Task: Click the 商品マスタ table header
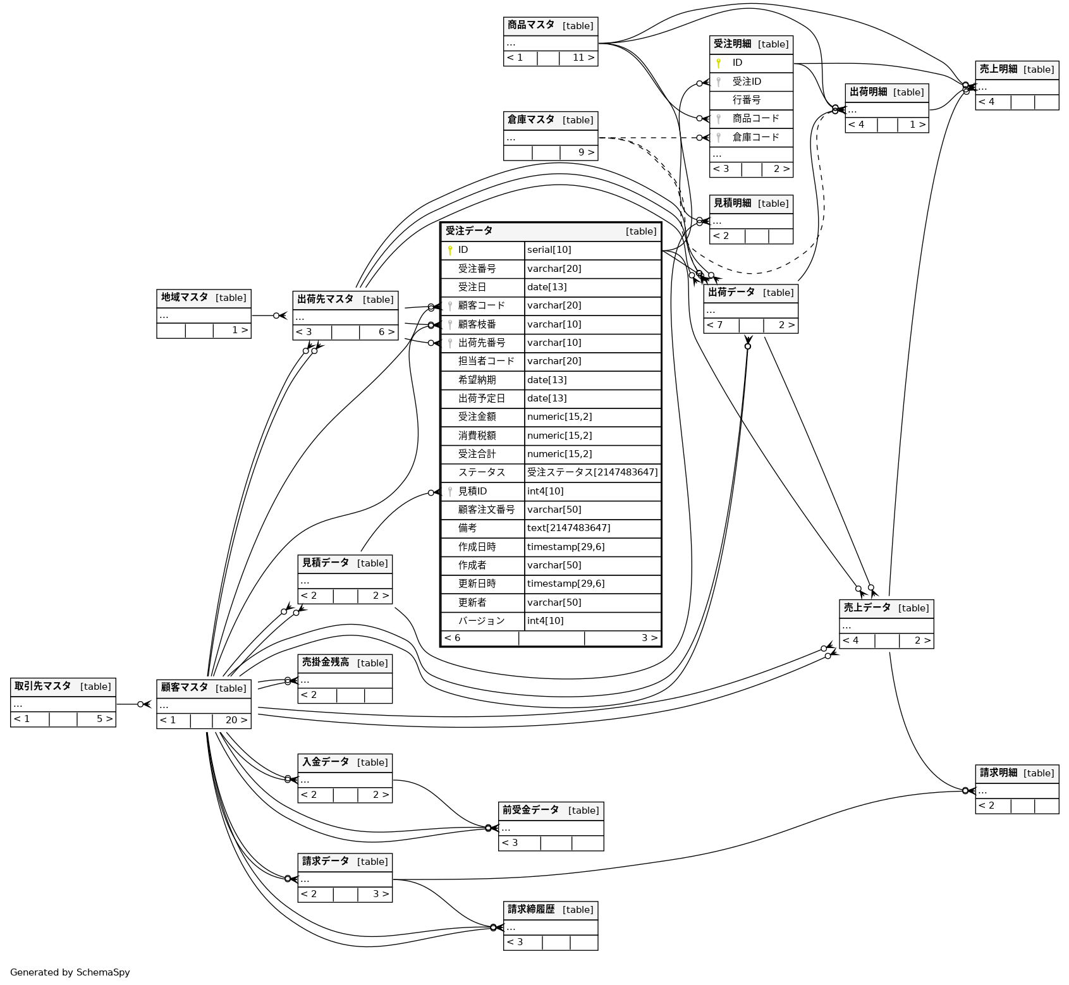(x=550, y=26)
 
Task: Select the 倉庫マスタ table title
(x=550, y=120)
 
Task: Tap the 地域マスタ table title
(x=204, y=298)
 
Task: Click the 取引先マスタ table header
(x=63, y=687)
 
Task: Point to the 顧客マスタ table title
(x=204, y=688)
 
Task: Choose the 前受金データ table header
(x=550, y=811)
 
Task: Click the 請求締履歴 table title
(x=550, y=910)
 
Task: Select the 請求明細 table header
(x=1017, y=773)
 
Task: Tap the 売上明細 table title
(x=1017, y=70)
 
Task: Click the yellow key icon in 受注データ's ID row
(x=450, y=250)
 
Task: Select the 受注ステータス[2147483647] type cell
(x=592, y=472)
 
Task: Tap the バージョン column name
(x=481, y=621)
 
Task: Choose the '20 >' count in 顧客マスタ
(x=236, y=720)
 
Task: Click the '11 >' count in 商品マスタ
(x=583, y=58)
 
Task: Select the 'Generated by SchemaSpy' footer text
(x=70, y=972)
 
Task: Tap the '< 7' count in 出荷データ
(x=715, y=325)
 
